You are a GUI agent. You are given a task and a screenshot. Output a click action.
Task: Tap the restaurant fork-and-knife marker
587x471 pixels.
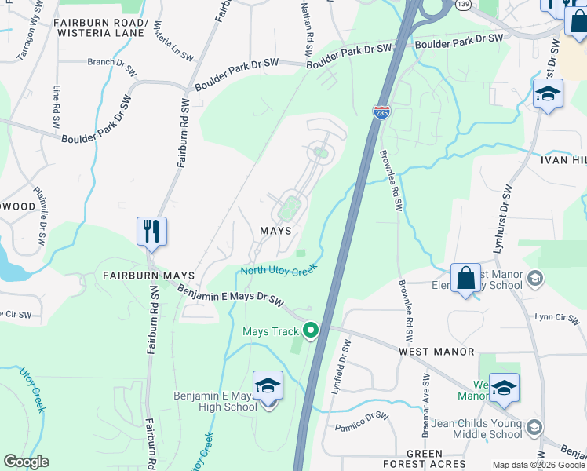click(151, 232)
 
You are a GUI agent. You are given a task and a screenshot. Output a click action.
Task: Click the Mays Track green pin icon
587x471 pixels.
click(311, 331)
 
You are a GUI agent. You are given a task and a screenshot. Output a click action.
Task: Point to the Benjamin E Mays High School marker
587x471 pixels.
click(268, 388)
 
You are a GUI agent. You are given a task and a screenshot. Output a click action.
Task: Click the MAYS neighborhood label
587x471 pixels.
click(275, 231)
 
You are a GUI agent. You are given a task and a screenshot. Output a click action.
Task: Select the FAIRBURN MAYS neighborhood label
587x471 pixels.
click(143, 276)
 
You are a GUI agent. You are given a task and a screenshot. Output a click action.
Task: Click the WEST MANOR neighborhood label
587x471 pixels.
click(436, 352)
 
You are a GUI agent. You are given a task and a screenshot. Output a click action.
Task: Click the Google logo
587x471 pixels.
click(26, 462)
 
